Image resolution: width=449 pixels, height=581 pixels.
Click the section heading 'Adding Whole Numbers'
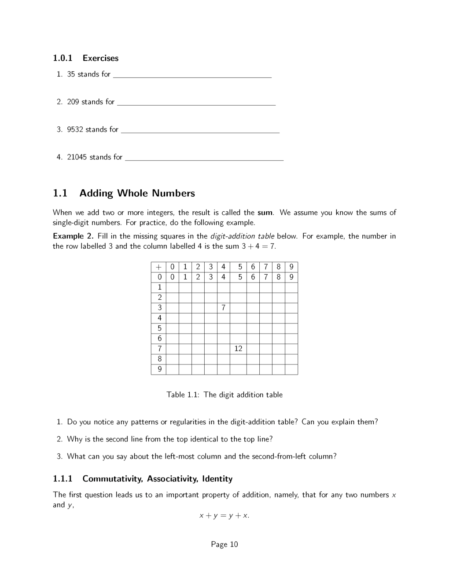137,193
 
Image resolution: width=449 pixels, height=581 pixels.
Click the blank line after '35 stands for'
192,75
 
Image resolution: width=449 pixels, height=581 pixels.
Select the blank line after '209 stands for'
196,103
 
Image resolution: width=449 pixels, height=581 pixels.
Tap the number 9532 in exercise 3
75,129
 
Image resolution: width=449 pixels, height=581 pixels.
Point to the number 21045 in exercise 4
77,157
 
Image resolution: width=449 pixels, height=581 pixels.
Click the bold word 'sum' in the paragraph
265,213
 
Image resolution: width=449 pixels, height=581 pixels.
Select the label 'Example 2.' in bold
73,236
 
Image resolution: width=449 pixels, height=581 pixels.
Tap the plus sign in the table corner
158,267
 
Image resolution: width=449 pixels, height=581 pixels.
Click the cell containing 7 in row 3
223,308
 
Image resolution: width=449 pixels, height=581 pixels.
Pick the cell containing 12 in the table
238,349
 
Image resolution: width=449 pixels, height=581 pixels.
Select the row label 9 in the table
159,369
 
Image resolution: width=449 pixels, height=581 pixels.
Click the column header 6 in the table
253,267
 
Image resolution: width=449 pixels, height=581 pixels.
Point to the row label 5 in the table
159,328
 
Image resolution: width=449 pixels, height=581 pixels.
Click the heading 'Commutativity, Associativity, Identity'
157,479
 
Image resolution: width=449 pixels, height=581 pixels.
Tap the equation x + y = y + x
224,515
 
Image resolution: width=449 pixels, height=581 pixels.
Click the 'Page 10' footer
224,544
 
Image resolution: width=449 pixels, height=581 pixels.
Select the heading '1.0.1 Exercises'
86,58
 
